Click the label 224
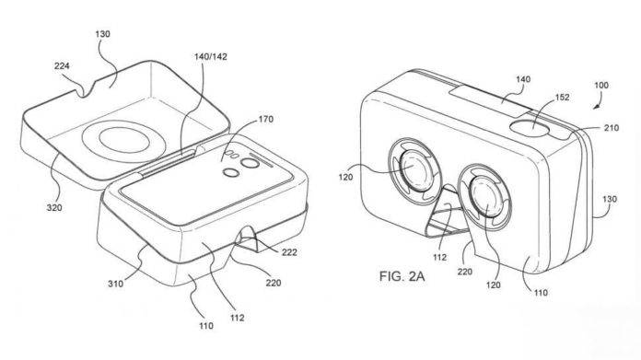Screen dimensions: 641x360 tap(62, 65)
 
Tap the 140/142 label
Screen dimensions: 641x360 tap(211, 56)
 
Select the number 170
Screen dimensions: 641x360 tap(266, 120)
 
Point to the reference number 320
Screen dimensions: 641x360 tap(54, 207)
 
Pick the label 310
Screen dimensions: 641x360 tap(115, 284)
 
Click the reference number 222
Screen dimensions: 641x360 tap(289, 252)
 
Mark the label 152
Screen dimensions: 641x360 tap(562, 98)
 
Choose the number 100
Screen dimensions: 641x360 tap(600, 86)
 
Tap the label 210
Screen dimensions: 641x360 tap(612, 128)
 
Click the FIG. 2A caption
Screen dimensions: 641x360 tap(402, 276)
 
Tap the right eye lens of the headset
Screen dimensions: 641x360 tap(485, 195)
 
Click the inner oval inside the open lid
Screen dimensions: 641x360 tap(123, 143)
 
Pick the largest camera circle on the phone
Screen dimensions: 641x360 tap(251, 164)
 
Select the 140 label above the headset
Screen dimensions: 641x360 tap(523, 79)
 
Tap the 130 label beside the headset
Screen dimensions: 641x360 tap(609, 199)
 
